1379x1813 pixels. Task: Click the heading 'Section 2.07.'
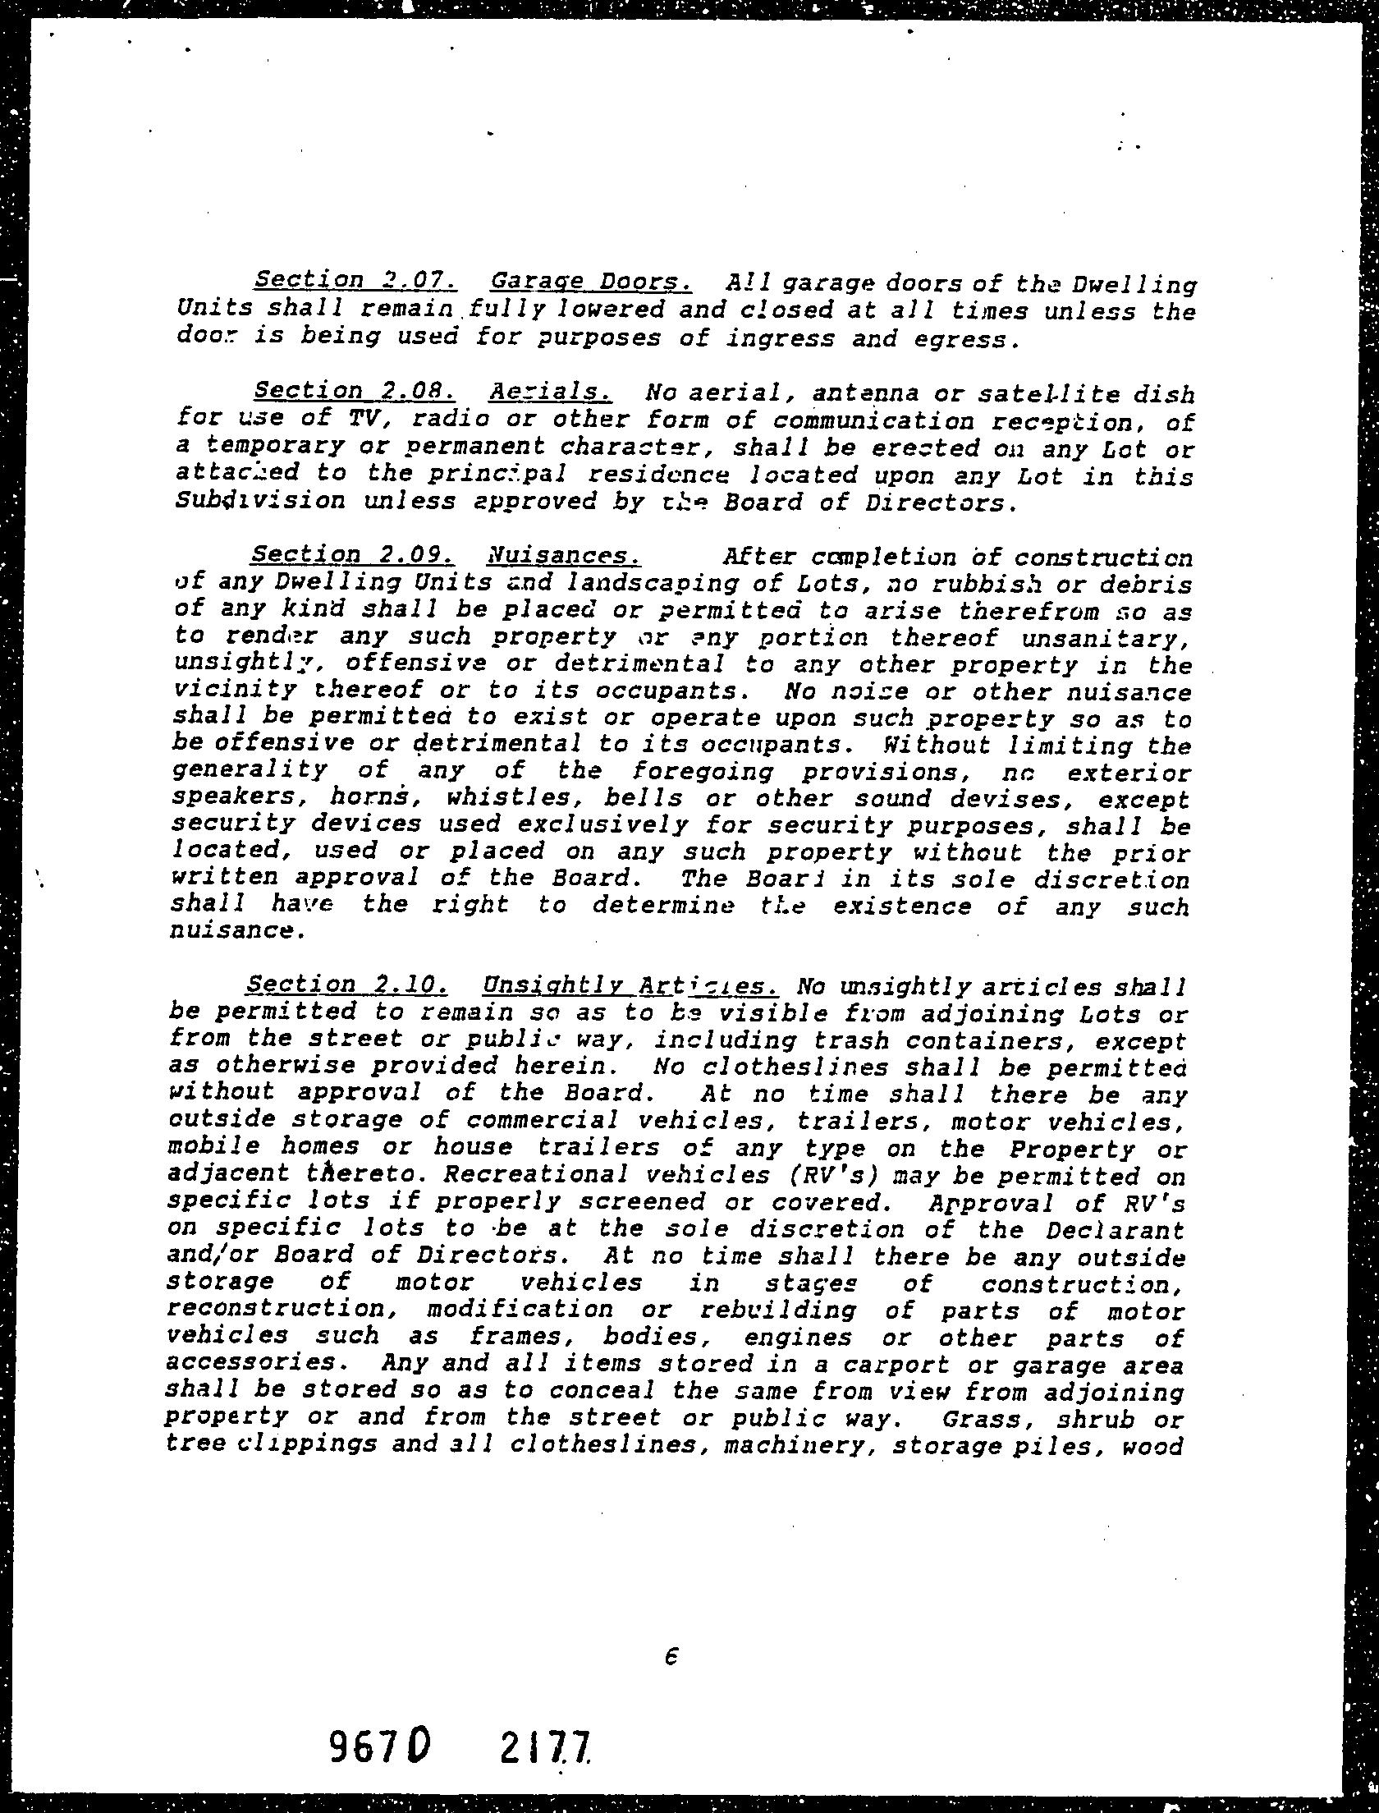(355, 280)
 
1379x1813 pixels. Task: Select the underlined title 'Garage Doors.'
(591, 282)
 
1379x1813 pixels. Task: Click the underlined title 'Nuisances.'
(564, 556)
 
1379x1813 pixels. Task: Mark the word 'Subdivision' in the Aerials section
(260, 501)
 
